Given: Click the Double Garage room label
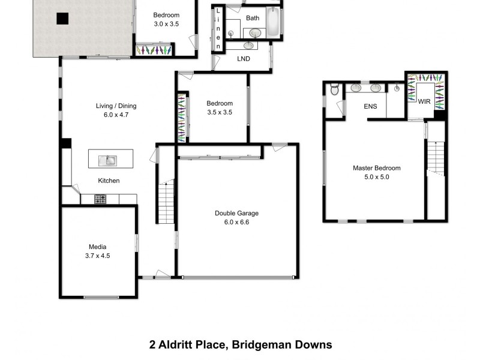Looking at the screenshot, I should click(236, 213).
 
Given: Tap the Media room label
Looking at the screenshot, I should click(98, 247).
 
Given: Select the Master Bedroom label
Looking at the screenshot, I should click(376, 168).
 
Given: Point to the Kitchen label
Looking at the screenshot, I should click(109, 181).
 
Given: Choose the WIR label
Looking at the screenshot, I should click(425, 102).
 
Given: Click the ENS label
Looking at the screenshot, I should click(370, 107).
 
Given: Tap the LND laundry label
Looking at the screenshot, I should click(244, 59).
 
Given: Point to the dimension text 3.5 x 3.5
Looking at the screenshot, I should click(219, 112).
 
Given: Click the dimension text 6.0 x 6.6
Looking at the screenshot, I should click(236, 222).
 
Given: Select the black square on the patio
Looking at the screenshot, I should click(62, 19).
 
